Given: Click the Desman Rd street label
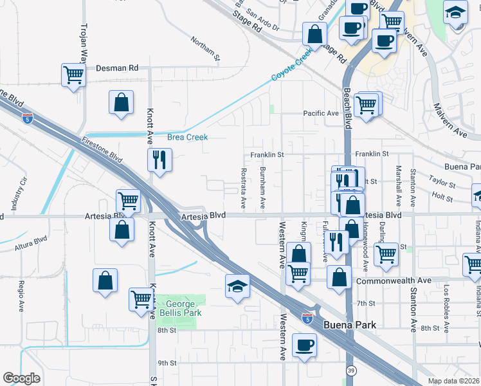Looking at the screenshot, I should coord(117,68).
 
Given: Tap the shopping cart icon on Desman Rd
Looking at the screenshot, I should coord(74,75).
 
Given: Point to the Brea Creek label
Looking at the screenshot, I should coord(187,137).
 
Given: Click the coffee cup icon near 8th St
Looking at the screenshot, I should coord(305,345).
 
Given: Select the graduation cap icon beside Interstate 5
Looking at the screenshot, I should coord(237,286).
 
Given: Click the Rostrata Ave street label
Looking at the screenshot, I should coord(243,188).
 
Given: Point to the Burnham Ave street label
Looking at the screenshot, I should coord(262,188).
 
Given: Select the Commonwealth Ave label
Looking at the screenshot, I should coord(394,280).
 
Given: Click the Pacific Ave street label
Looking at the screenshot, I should coord(321,113).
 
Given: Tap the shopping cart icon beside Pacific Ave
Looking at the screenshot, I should coord(367,104).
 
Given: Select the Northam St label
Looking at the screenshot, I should coord(205,50).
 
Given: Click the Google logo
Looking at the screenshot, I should coord(21,378).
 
